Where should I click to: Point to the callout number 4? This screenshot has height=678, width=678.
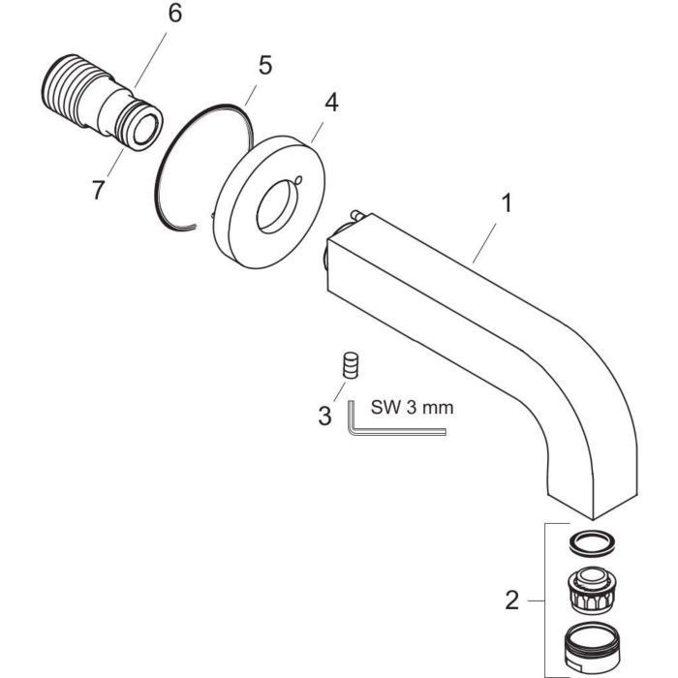pyautogui.click(x=331, y=103)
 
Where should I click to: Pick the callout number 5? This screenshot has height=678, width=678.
pyautogui.click(x=263, y=67)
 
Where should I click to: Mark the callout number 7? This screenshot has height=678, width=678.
pyautogui.click(x=98, y=190)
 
